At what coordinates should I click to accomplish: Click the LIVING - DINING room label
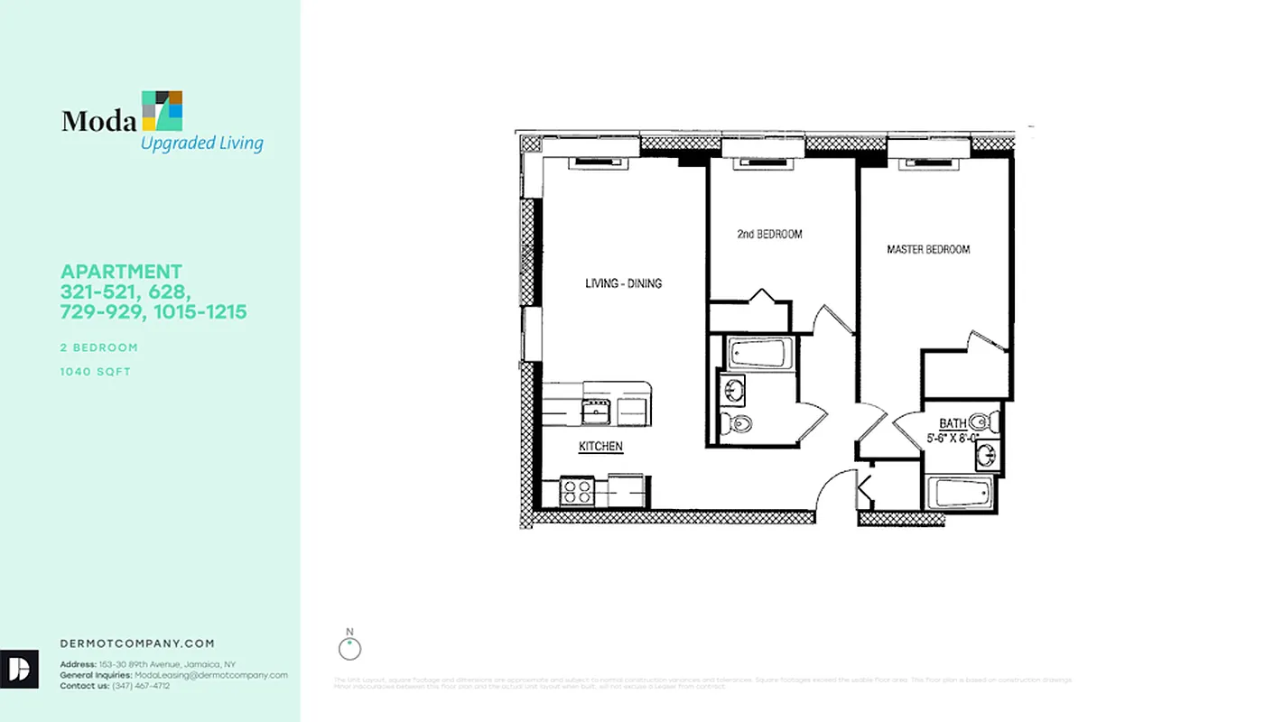623,283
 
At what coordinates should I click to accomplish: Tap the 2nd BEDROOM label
769,234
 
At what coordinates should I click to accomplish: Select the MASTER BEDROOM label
928,249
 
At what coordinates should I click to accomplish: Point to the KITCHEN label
600,446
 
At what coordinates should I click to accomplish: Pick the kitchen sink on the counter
596,412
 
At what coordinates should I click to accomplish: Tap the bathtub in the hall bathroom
760,353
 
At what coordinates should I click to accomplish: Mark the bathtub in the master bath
961,493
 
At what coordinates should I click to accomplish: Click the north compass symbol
349,647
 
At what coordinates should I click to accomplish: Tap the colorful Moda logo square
163,110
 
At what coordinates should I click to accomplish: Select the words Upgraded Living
201,143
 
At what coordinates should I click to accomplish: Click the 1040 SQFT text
96,371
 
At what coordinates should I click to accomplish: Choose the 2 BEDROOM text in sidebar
99,347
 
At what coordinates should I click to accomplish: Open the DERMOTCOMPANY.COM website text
137,643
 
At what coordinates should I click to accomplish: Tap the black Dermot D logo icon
19,669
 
